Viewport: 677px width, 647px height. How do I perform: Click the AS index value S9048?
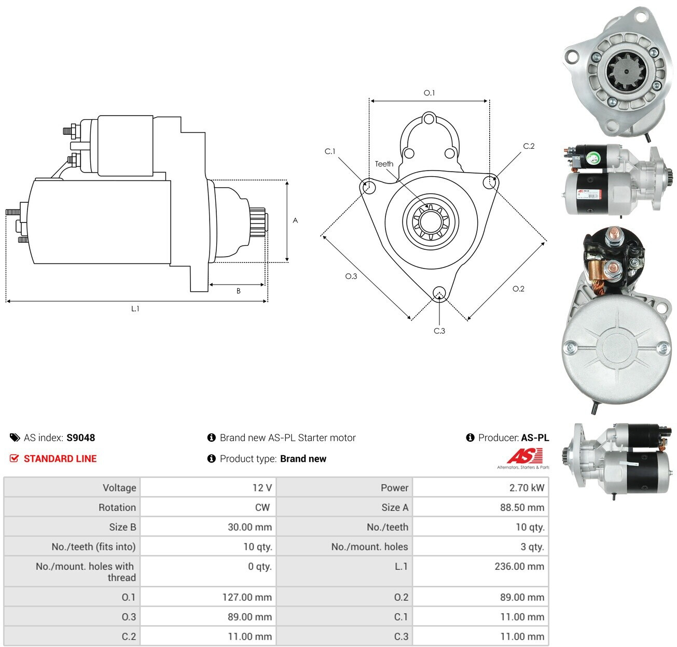point(81,438)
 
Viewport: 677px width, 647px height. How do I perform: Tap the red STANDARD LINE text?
point(60,459)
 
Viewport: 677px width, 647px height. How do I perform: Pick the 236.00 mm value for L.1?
point(519,566)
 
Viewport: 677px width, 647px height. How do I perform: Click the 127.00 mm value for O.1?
point(247,597)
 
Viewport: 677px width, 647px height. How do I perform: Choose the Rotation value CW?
point(262,507)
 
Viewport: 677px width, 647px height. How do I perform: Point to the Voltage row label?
point(119,488)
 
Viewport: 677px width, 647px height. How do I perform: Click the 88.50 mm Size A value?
point(522,507)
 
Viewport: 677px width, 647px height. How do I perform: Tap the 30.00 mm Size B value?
point(250,527)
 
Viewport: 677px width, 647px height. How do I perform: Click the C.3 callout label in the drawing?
point(439,331)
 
